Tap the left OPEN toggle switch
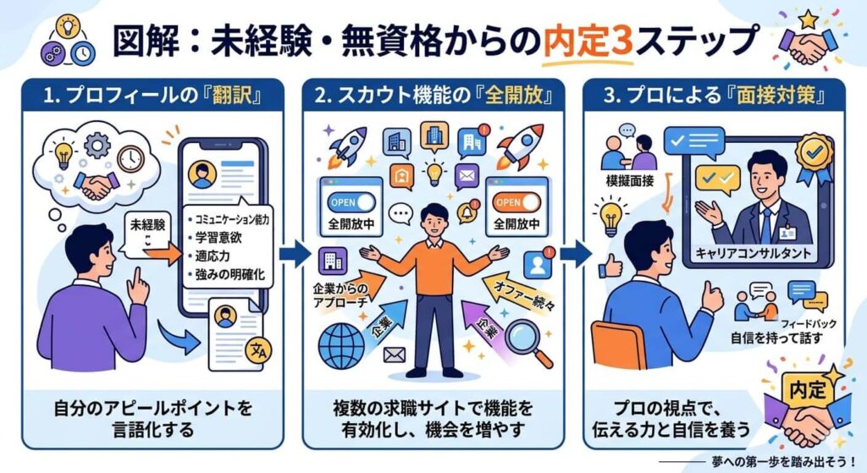(350, 203)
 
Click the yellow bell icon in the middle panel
(465, 210)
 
